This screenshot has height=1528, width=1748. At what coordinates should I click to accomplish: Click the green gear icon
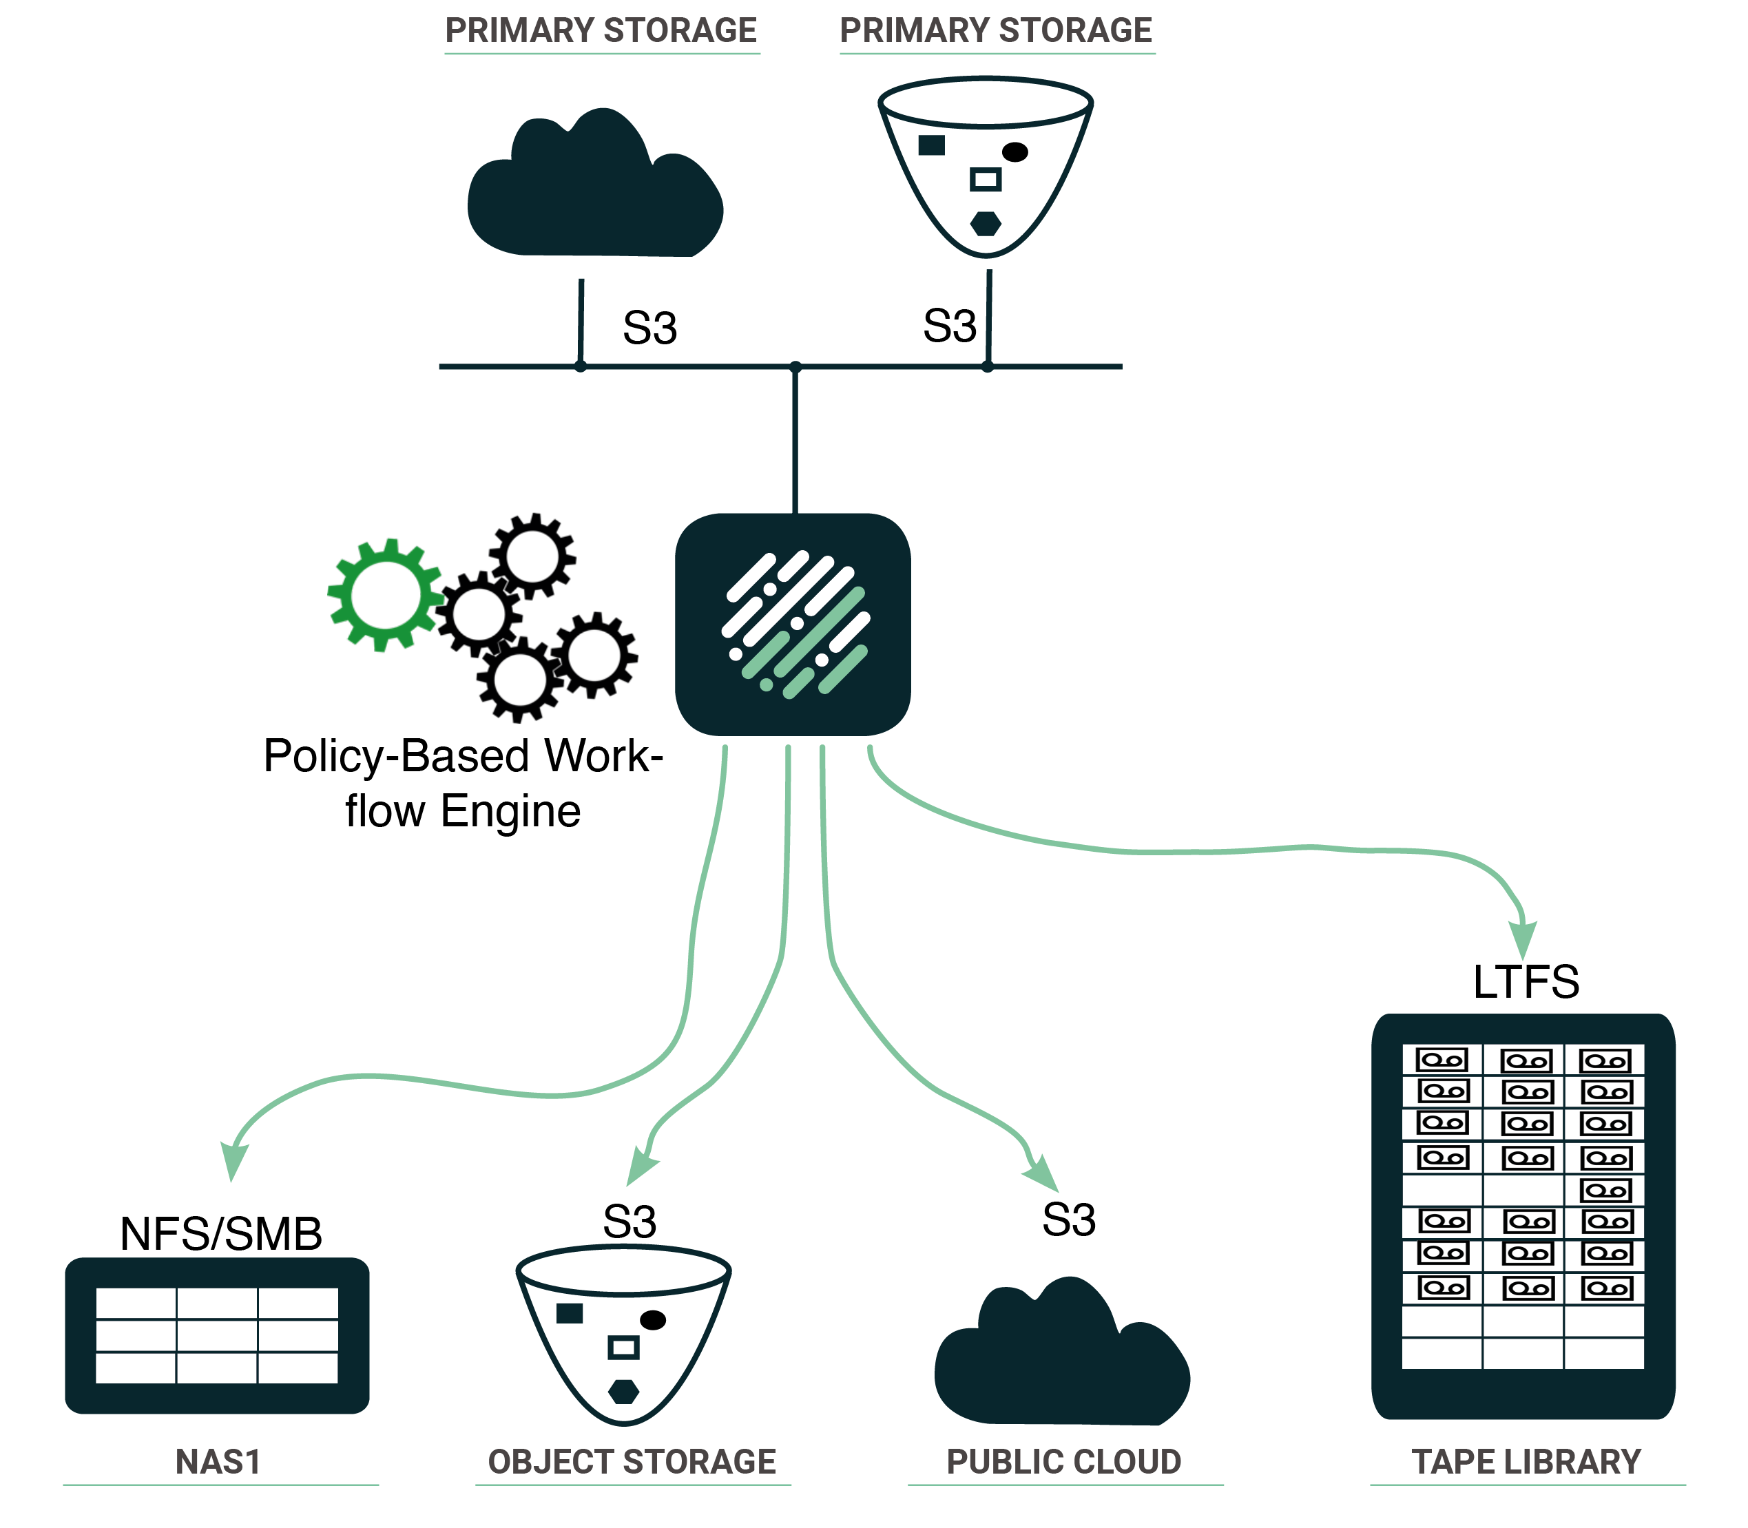tap(386, 594)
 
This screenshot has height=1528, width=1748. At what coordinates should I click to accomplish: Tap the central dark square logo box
tap(792, 624)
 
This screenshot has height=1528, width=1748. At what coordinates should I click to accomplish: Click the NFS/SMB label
tap(221, 1234)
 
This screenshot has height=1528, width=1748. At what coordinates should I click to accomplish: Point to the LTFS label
tap(1526, 981)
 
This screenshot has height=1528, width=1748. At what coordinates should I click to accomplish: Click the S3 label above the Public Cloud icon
tap(1068, 1220)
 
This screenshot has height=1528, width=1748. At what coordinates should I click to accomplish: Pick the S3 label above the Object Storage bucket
tap(630, 1222)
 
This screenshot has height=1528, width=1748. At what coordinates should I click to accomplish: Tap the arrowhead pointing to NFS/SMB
tap(233, 1162)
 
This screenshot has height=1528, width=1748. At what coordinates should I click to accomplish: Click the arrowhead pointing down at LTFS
tap(1523, 941)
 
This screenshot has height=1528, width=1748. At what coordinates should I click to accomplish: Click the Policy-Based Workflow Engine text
tap(463, 783)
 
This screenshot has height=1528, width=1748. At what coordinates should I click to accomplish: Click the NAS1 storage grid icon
tap(218, 1335)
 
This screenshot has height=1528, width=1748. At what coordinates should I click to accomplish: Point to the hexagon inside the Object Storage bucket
tap(624, 1392)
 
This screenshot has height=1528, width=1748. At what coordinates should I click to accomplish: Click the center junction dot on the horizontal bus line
tap(795, 366)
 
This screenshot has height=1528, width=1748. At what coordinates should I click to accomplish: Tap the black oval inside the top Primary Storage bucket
tap(1015, 151)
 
